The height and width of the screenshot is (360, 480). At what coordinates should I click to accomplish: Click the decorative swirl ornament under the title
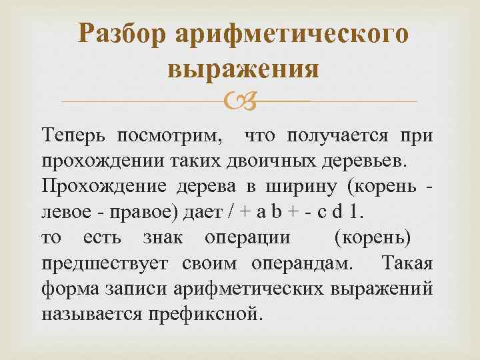(240, 101)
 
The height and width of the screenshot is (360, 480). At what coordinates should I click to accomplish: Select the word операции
(247, 238)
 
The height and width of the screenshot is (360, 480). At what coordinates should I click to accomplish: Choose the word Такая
(409, 263)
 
